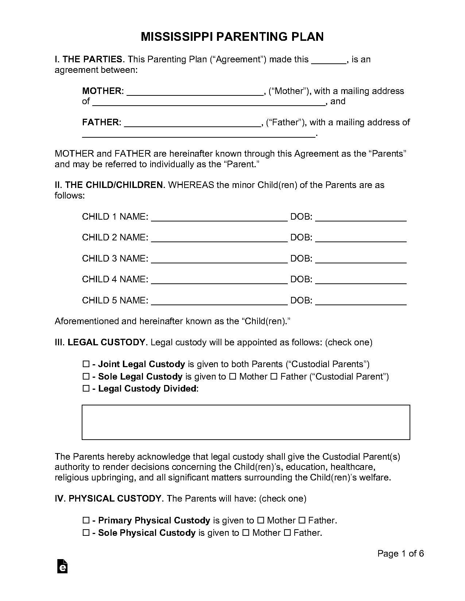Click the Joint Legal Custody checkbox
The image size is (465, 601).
click(x=86, y=364)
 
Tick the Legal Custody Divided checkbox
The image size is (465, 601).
click(x=86, y=389)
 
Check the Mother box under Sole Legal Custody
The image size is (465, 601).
click(x=232, y=377)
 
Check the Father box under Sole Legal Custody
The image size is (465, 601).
click(x=274, y=377)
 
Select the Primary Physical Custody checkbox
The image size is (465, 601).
click(x=86, y=521)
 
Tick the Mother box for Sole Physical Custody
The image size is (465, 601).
click(x=245, y=533)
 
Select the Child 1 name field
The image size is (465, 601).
click(x=219, y=217)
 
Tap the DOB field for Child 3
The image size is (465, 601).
click(x=361, y=259)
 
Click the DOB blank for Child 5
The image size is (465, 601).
click(x=361, y=301)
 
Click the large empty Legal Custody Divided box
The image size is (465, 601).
click(x=246, y=422)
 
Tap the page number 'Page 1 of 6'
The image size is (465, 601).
click(x=400, y=554)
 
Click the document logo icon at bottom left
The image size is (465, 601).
click(x=62, y=566)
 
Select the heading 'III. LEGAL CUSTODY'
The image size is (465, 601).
click(x=100, y=342)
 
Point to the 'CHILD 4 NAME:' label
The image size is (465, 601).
click(x=115, y=279)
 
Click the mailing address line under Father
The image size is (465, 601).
click(x=199, y=134)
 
